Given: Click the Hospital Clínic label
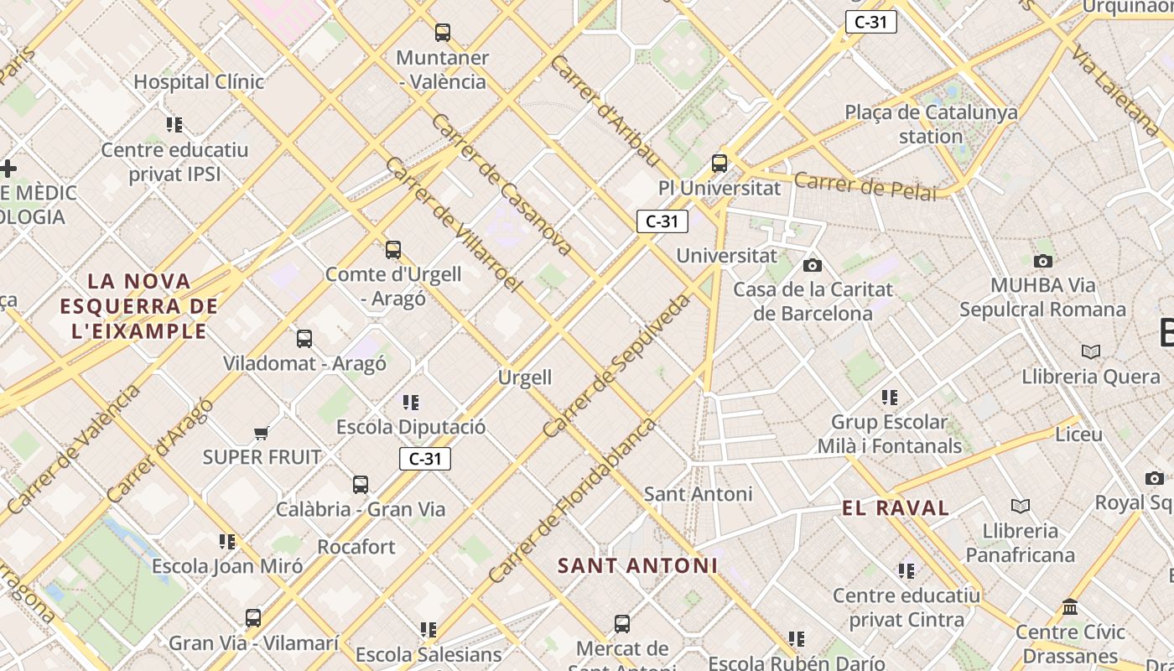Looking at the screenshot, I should (199, 82).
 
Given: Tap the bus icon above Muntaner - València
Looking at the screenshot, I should (443, 33).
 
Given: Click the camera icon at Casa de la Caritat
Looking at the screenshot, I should (813, 265).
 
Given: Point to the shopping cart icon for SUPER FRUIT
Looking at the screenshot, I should (262, 433).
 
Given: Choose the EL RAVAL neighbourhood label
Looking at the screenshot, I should (896, 508).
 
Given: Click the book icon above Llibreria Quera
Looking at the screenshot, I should (1090, 351).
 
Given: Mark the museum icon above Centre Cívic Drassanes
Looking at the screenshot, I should (1070, 606).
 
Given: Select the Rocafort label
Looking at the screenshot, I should (356, 547).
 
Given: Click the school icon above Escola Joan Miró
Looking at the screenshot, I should (227, 542).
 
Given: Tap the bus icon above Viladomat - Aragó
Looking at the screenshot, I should (304, 339).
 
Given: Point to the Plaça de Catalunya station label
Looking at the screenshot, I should (931, 123).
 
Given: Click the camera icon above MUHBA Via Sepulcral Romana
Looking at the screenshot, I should (1043, 261).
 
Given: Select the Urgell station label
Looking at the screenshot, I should (525, 377).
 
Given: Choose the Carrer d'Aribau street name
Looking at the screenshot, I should (605, 111).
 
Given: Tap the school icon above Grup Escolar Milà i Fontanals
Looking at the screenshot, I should (890, 397).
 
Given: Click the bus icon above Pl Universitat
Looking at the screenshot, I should (719, 163).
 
